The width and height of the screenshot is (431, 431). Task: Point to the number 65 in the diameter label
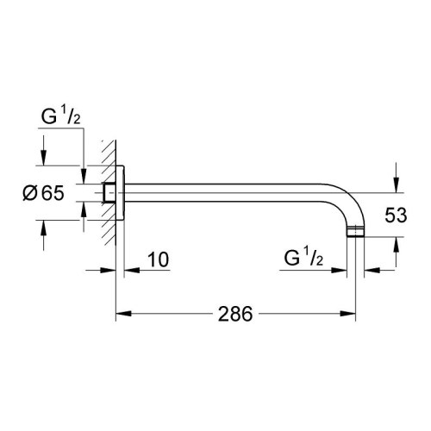(52, 193)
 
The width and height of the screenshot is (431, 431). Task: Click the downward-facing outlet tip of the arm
(355, 234)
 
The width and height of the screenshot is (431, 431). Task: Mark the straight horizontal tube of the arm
(233, 191)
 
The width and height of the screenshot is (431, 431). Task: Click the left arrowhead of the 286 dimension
(121, 314)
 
